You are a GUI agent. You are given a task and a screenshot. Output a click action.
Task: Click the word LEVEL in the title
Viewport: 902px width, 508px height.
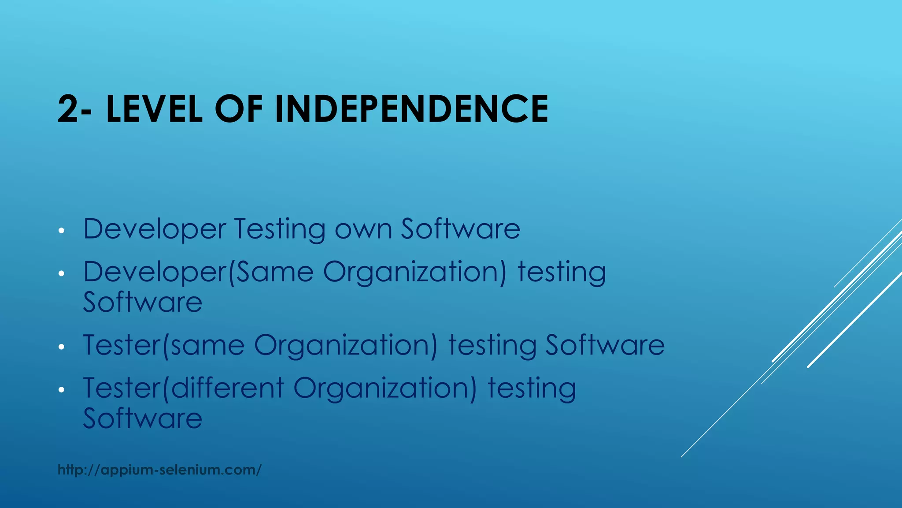(x=154, y=109)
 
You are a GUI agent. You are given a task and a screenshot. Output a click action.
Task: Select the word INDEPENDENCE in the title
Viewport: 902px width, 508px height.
(x=411, y=109)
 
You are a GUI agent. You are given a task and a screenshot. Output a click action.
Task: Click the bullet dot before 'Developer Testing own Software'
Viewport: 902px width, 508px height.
(x=62, y=231)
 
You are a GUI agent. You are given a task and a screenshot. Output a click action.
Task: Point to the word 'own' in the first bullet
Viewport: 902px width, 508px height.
(x=363, y=229)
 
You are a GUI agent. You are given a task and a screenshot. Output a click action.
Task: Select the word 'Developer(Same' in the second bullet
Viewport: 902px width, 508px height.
(x=198, y=272)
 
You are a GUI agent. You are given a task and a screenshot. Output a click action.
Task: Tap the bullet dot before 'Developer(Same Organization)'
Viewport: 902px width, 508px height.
(x=62, y=273)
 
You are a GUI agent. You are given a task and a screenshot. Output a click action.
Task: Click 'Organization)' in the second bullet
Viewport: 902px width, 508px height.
(x=415, y=272)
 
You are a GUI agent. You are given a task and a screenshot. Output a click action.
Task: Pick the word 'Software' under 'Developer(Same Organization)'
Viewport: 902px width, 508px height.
(x=143, y=303)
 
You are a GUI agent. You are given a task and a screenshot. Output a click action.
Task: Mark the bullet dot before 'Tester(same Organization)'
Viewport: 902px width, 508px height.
(x=62, y=347)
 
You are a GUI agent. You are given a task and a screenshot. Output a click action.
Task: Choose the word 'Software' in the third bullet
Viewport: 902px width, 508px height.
(x=605, y=345)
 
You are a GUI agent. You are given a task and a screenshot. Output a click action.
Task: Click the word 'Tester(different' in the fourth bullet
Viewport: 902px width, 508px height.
(x=184, y=388)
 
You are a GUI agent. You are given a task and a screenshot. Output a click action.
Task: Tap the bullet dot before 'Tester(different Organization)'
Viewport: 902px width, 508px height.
(x=62, y=390)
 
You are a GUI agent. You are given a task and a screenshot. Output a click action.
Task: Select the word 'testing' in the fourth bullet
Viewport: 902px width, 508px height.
(x=532, y=388)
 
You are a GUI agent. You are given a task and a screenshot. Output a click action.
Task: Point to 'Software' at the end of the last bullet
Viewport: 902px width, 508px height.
(x=143, y=418)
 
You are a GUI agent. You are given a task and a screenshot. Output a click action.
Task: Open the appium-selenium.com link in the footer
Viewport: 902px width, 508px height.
(x=159, y=470)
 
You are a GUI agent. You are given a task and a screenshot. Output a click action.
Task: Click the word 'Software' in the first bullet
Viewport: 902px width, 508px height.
(x=460, y=229)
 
